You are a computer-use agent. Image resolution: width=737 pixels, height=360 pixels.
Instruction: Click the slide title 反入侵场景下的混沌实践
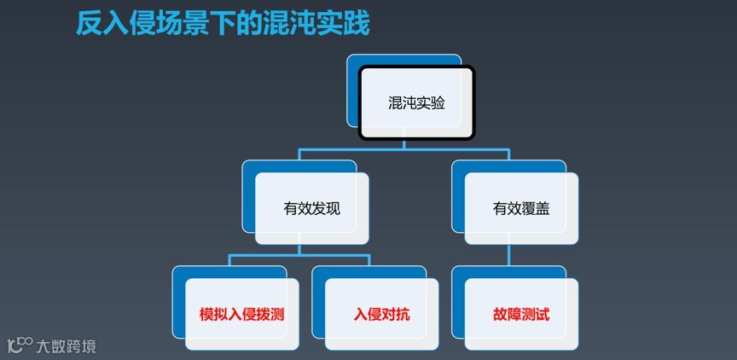pyautogui.click(x=223, y=23)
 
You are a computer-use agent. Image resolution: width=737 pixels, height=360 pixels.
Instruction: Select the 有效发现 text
pyautogui.click(x=311, y=208)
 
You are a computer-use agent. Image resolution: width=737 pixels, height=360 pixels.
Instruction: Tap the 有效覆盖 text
pyautogui.click(x=521, y=208)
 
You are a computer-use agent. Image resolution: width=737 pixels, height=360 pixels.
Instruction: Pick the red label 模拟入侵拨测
pyautogui.click(x=241, y=314)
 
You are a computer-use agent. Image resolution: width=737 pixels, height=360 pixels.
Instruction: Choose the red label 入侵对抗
pyautogui.click(x=381, y=314)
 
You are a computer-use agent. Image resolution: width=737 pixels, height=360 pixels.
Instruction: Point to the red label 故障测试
pyautogui.click(x=521, y=314)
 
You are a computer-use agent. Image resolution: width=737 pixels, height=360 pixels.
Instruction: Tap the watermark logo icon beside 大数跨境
pyautogui.click(x=20, y=345)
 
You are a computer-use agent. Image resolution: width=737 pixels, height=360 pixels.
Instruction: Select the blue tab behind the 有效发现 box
pyautogui.click(x=249, y=196)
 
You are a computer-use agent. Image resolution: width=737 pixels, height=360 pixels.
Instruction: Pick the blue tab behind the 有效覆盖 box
pyautogui.click(x=458, y=196)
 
